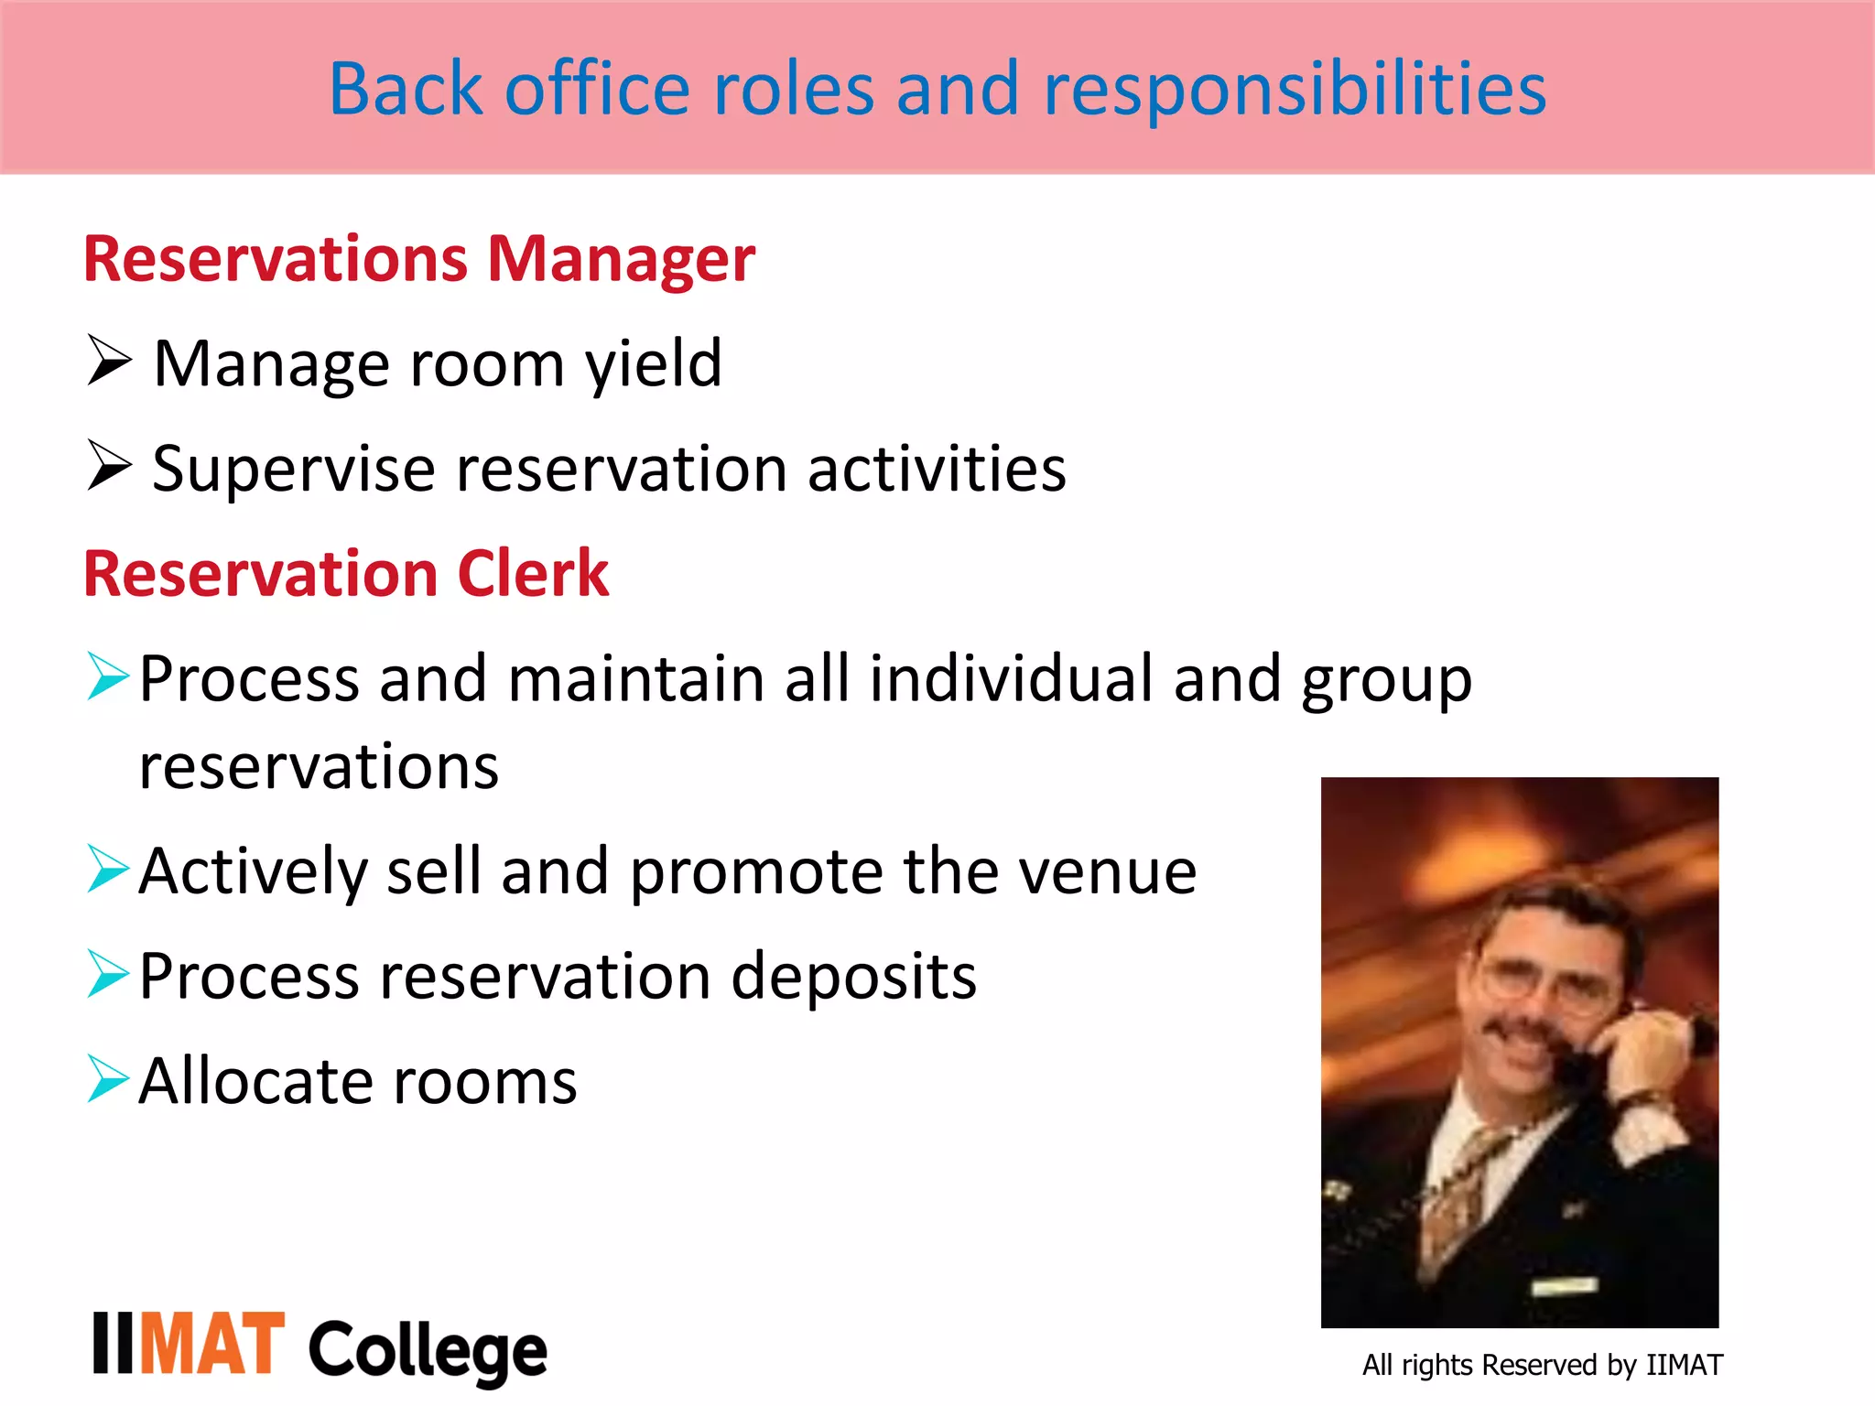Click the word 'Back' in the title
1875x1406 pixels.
tap(405, 89)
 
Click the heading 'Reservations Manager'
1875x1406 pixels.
tap(419, 259)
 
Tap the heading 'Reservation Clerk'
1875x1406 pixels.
tap(346, 574)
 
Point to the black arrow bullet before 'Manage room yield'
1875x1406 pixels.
tap(109, 361)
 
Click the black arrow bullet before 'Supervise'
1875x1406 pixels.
tap(109, 465)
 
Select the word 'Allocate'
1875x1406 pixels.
tap(255, 1082)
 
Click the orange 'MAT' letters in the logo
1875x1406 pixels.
tap(212, 1343)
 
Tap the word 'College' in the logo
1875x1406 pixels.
tap(428, 1351)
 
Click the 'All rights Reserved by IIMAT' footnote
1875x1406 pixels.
tap(1542, 1365)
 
